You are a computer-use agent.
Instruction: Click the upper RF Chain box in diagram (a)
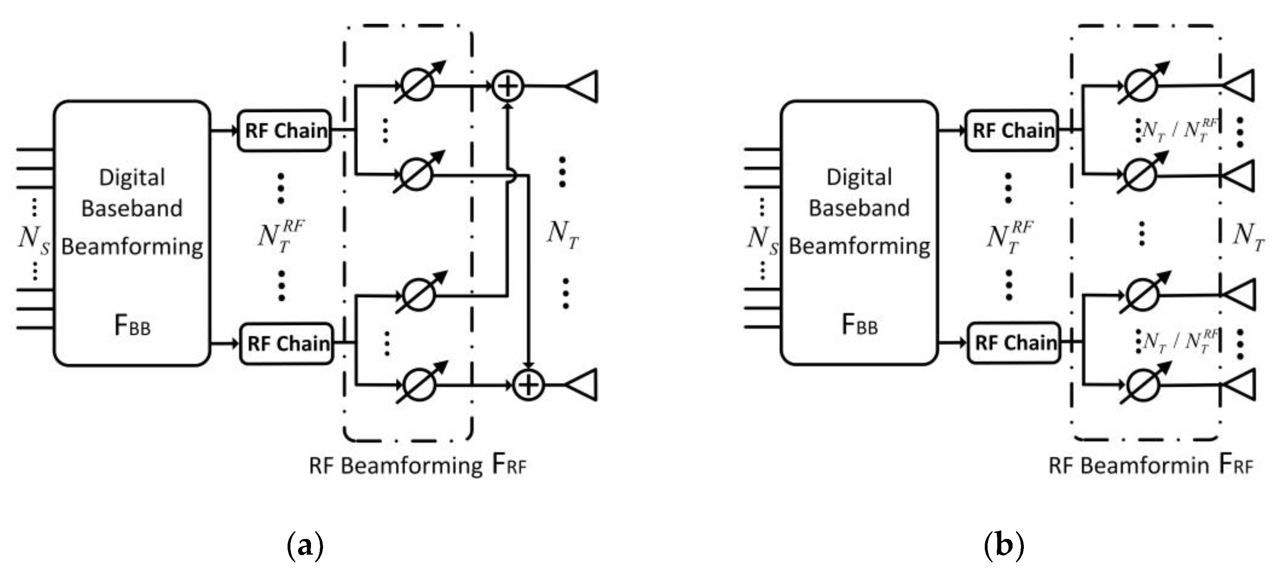pos(285,131)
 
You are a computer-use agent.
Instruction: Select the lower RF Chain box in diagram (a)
pos(287,343)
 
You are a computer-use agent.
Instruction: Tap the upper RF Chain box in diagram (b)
pos(1012,131)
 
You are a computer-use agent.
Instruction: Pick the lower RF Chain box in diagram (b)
pos(1015,343)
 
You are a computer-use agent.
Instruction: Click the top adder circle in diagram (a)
pos(507,86)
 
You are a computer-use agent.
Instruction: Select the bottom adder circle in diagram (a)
pos(528,385)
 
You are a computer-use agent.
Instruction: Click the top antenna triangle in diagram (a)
pos(584,86)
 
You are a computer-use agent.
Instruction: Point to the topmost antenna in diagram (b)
pos(1240,86)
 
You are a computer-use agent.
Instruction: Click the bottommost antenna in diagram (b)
pos(1240,385)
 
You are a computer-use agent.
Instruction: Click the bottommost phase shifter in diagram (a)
pos(420,384)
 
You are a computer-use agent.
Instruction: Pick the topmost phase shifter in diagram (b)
pos(1141,84)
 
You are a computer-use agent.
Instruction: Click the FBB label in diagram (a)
pos(132,326)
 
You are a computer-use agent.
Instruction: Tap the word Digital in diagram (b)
pos(859,178)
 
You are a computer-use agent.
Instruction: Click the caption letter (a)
pos(305,545)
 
